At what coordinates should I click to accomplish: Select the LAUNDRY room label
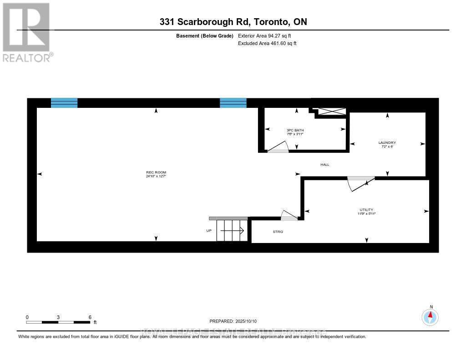click(387, 142)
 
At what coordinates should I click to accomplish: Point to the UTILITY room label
click(366, 210)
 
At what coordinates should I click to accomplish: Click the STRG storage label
click(278, 232)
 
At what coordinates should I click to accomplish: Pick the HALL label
click(324, 164)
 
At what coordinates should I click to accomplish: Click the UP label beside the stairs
click(209, 231)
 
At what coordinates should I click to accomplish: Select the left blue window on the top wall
click(64, 103)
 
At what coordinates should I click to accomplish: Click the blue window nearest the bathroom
click(233, 103)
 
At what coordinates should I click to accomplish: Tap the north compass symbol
click(430, 316)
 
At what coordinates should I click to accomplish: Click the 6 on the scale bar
click(90, 317)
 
